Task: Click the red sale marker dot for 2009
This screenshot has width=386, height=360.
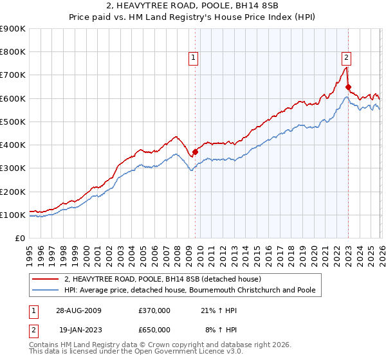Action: (195, 152)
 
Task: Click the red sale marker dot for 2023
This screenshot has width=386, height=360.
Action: (348, 87)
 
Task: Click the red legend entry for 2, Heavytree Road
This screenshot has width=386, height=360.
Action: (162, 279)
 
